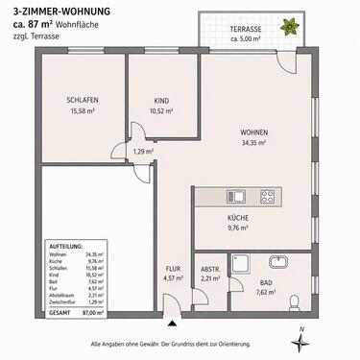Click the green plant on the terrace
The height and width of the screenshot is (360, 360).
[284, 30]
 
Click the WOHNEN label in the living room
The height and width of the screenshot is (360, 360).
[253, 133]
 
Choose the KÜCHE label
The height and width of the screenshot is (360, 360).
[238, 219]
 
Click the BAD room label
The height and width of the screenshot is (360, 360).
[265, 284]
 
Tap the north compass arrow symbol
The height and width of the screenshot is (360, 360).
[300, 342]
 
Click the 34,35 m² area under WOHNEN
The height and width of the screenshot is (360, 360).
[253, 143]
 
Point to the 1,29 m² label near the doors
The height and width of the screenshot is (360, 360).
[143, 152]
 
